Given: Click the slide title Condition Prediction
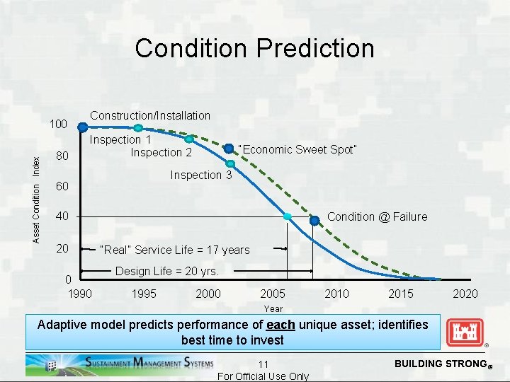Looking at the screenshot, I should (254, 48).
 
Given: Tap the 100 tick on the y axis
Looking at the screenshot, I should (58, 125).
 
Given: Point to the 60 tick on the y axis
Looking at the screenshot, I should (62, 187).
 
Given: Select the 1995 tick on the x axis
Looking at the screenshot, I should (144, 294).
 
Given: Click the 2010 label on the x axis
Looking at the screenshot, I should (336, 294).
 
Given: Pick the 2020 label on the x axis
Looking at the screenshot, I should (465, 294).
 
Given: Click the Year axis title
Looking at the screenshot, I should (273, 308).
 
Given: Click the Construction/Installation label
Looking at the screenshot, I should (150, 115).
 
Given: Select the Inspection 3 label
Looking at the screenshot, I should (201, 175).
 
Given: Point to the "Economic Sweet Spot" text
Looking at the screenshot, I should (297, 149).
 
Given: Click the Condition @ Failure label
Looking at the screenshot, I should (377, 216).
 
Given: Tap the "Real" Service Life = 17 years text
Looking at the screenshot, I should (175, 250).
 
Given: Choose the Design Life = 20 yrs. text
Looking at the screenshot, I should (166, 271).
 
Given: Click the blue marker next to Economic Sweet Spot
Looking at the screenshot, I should (228, 149).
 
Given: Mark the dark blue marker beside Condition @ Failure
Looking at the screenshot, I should (314, 221).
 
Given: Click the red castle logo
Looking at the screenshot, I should (465, 332).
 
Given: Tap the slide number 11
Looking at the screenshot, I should (263, 364).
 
